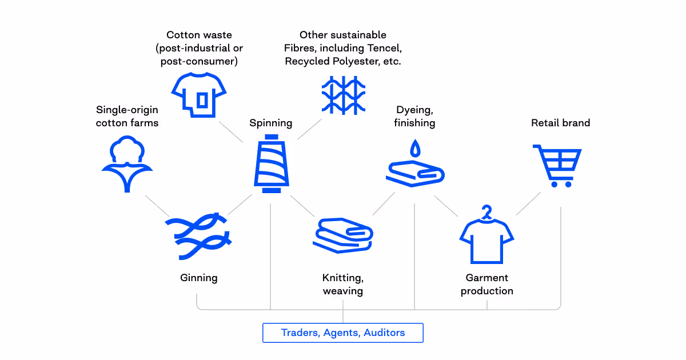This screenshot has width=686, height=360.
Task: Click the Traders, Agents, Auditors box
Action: (x=343, y=333)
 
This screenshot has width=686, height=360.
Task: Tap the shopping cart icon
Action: (x=557, y=166)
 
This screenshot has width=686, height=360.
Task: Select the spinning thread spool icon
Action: (x=272, y=165)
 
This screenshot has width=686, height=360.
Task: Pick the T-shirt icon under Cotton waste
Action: (x=200, y=95)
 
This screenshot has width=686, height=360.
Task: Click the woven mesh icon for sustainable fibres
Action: (x=343, y=94)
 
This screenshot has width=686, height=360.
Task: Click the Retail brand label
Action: (x=560, y=123)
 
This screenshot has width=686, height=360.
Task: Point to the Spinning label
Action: (x=271, y=123)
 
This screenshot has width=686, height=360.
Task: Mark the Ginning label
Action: (x=199, y=278)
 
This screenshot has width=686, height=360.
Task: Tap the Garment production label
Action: (x=487, y=285)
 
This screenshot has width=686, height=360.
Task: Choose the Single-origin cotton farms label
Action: (x=127, y=116)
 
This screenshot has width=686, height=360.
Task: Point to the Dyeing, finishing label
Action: (x=414, y=116)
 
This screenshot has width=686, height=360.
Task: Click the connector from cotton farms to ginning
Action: (x=157, y=206)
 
